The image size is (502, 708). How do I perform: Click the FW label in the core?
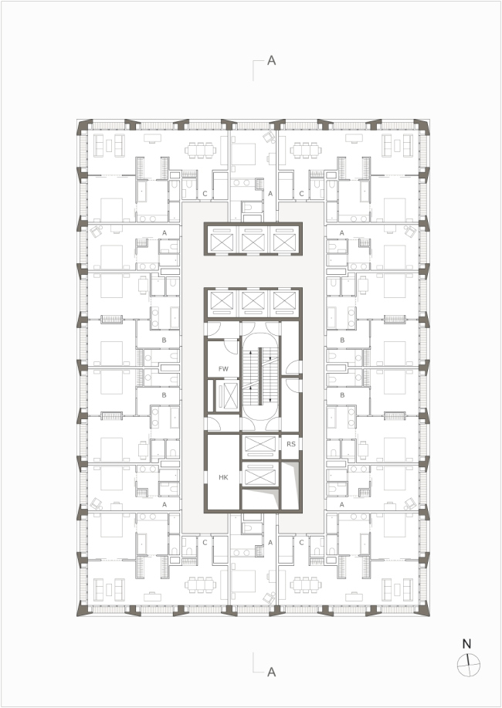pos(223,369)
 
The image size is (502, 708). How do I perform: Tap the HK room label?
pos(223,477)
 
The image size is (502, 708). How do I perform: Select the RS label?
pos(291,444)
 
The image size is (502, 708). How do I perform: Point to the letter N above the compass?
pos(466,644)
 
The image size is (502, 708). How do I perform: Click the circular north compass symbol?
pos(468,665)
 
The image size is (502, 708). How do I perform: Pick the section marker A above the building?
pos(271,60)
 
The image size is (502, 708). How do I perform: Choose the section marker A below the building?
pos(271,672)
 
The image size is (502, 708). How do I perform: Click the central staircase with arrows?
pos(259,378)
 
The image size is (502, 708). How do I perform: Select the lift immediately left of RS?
pos(259,444)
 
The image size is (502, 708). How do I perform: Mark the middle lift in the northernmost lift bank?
pos(253,239)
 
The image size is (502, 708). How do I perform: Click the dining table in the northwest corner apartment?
pos(200,150)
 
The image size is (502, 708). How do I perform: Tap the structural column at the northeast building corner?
pos(422,127)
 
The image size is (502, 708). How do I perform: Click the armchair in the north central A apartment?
pos(270,137)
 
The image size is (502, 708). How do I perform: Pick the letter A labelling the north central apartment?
pos(270,194)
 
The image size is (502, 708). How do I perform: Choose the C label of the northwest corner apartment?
pos(205,194)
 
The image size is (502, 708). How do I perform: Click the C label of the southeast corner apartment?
pos(301,542)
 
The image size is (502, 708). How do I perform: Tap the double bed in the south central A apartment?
pos(243,581)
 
